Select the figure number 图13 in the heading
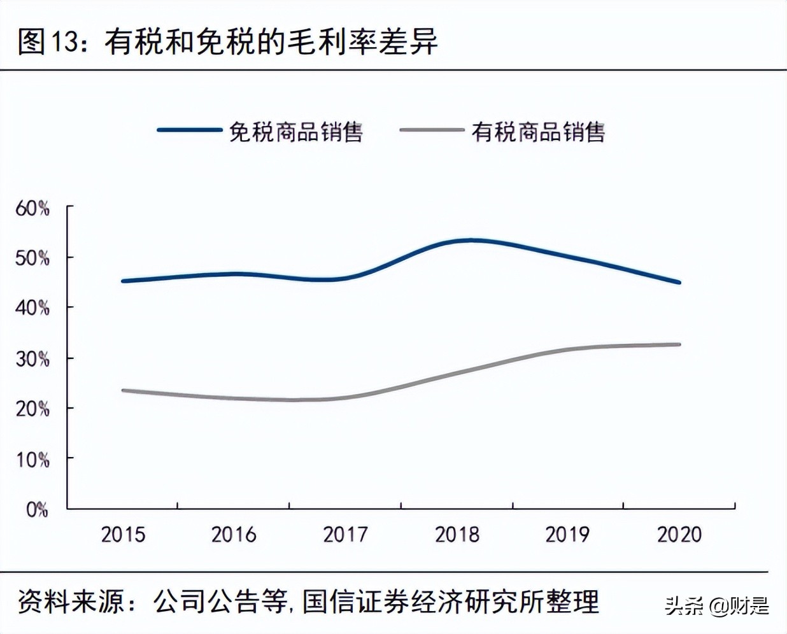(x=48, y=42)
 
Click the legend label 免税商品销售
(x=295, y=132)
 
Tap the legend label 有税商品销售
(x=538, y=132)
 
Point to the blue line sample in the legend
(x=189, y=130)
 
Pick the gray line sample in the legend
(x=432, y=130)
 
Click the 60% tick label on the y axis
(x=32, y=208)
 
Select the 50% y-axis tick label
(x=32, y=258)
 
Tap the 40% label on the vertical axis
(x=32, y=308)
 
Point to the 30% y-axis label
(x=32, y=358)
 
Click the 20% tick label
(x=32, y=408)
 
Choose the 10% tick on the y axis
(x=32, y=459)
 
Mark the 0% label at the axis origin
(x=37, y=509)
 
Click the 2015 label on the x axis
(x=123, y=534)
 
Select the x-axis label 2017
(x=345, y=534)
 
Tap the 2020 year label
(x=679, y=534)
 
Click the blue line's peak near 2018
(x=471, y=240)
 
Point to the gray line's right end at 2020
(x=679, y=344)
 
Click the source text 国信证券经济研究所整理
(x=451, y=602)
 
